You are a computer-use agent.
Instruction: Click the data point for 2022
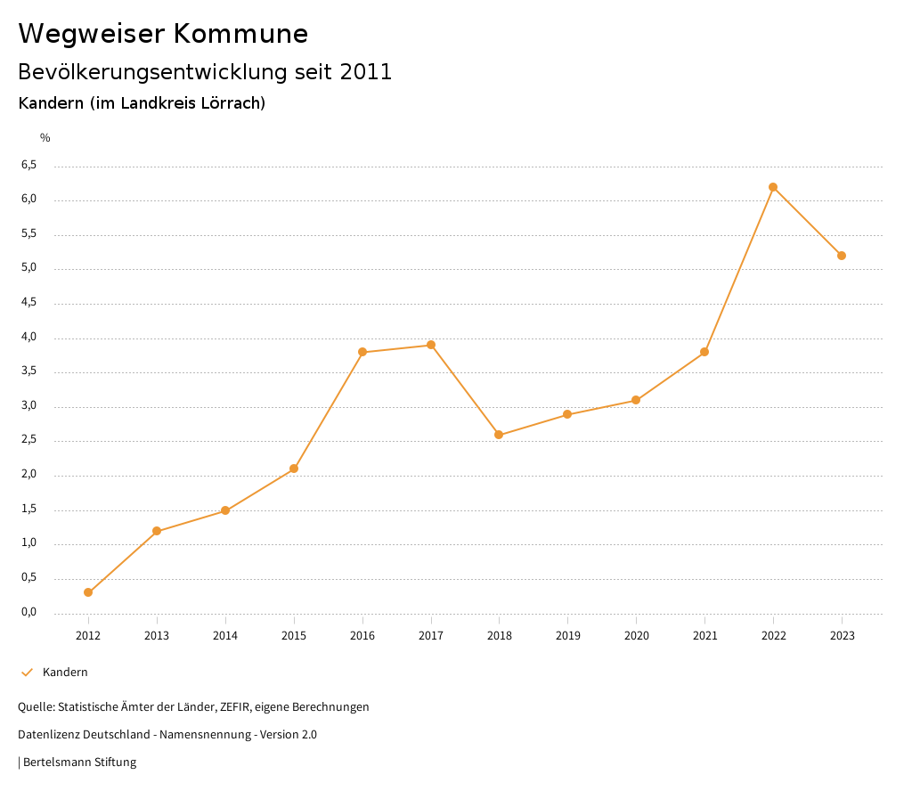coord(773,187)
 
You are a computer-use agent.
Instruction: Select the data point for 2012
coord(88,592)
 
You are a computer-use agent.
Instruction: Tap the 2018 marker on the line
coord(499,435)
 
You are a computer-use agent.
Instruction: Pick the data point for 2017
coord(431,345)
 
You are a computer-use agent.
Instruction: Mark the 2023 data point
coord(842,256)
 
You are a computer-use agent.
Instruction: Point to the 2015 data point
coord(294,469)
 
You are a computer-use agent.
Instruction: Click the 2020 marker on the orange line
coord(636,400)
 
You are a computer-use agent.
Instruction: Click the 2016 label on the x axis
coord(362,636)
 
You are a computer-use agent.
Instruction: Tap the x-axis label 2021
coord(704,636)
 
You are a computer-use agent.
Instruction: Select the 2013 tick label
coord(157,636)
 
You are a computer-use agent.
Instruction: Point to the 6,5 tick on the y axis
coord(28,166)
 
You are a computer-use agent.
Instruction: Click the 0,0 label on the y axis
coord(28,613)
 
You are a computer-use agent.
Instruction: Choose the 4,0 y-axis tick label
coord(28,338)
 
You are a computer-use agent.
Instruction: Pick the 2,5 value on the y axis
coord(28,441)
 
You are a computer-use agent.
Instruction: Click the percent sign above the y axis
coord(45,138)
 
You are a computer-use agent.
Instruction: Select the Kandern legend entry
coord(65,673)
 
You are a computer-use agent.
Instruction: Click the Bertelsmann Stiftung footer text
coord(79,762)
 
